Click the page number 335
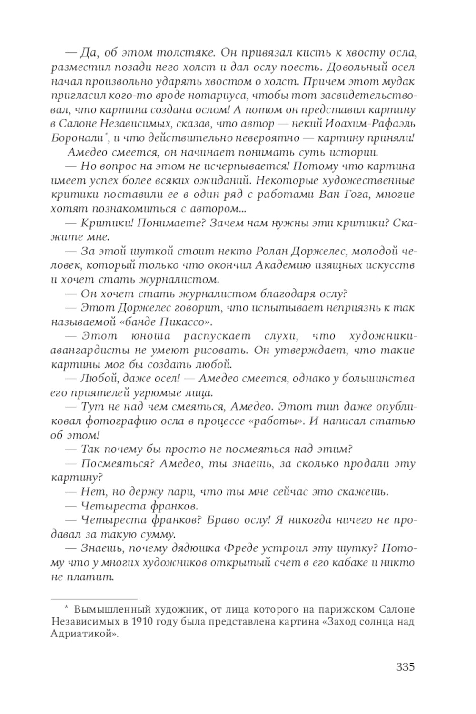[405, 666]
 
